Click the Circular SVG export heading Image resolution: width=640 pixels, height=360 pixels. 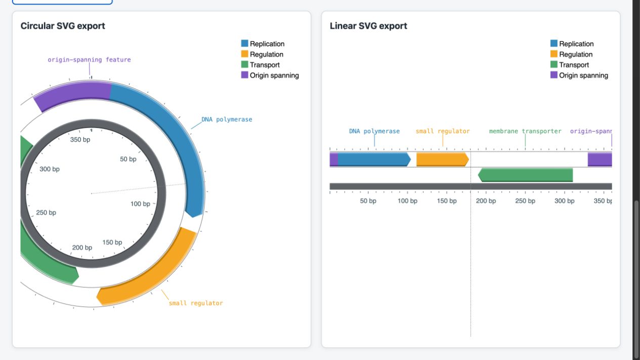point(63,26)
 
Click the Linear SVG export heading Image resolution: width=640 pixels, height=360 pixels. point(368,26)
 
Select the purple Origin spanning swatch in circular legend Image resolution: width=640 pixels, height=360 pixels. point(244,75)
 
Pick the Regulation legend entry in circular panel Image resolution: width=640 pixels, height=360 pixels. point(262,54)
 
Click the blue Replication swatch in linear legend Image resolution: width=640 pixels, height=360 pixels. point(553,43)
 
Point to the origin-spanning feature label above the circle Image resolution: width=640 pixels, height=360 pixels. point(89,60)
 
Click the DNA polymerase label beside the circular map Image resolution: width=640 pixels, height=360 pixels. point(227,119)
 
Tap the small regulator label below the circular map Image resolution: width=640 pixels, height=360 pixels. point(196,303)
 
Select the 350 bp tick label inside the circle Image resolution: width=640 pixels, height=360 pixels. point(80,140)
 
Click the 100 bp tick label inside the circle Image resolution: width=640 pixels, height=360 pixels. point(140,204)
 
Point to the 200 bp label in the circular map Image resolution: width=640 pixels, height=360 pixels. point(82,248)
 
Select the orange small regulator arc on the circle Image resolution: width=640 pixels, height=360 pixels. point(154,274)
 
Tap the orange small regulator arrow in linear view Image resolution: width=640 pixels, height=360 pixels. point(443,159)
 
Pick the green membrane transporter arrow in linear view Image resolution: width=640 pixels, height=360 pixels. point(526,175)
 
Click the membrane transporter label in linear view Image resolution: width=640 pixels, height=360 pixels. point(525,131)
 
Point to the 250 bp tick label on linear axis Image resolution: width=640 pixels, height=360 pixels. point(525,201)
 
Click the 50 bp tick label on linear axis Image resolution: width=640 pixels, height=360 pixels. point(368,201)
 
